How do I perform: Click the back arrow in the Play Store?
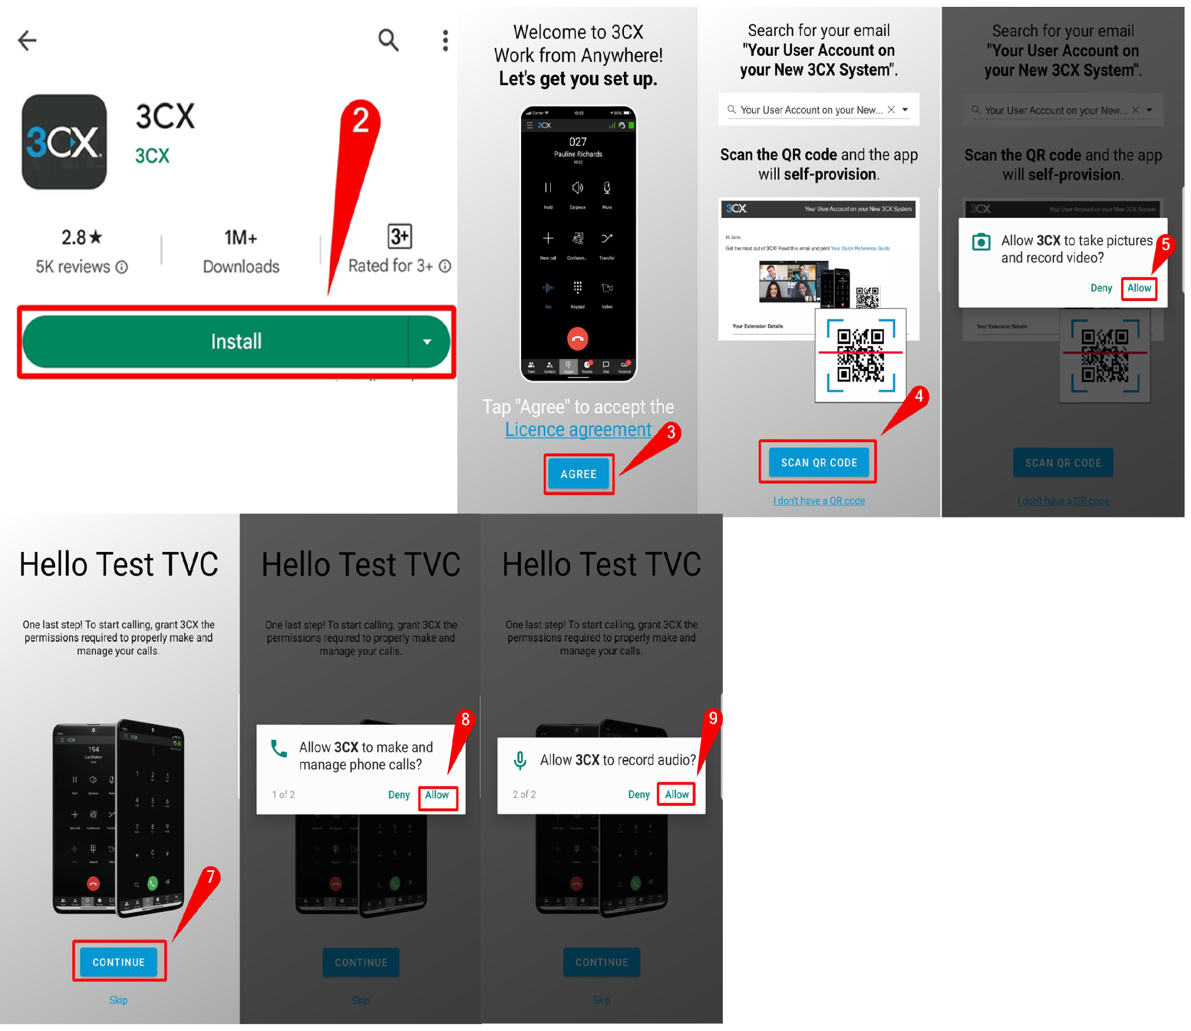pos(27,40)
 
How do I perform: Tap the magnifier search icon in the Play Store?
pos(388,40)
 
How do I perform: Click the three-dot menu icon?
pos(445,40)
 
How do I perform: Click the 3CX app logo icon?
pos(64,142)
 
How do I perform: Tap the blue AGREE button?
pos(578,474)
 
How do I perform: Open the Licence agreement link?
pos(578,429)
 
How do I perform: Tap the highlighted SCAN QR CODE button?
pos(818,462)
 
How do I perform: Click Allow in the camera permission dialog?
pos(1139,288)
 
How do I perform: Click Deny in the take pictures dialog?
pos(1101,288)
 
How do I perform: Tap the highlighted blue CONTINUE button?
pos(119,962)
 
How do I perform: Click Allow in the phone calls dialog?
pos(437,795)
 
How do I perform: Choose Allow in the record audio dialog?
pos(676,794)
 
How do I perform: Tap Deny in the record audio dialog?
pos(639,794)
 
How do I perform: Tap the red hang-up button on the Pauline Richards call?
pos(577,338)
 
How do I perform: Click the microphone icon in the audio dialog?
pos(520,760)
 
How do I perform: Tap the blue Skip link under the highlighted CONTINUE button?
pos(118,1000)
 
